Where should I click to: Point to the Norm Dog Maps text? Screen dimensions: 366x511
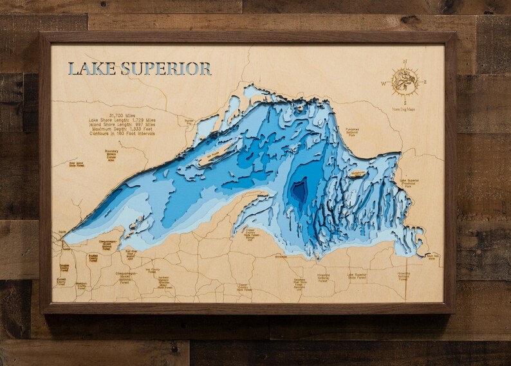pos(405,109)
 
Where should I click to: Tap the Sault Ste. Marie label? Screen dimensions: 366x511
pos(432,256)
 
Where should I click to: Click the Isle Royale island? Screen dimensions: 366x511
pos(212,155)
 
